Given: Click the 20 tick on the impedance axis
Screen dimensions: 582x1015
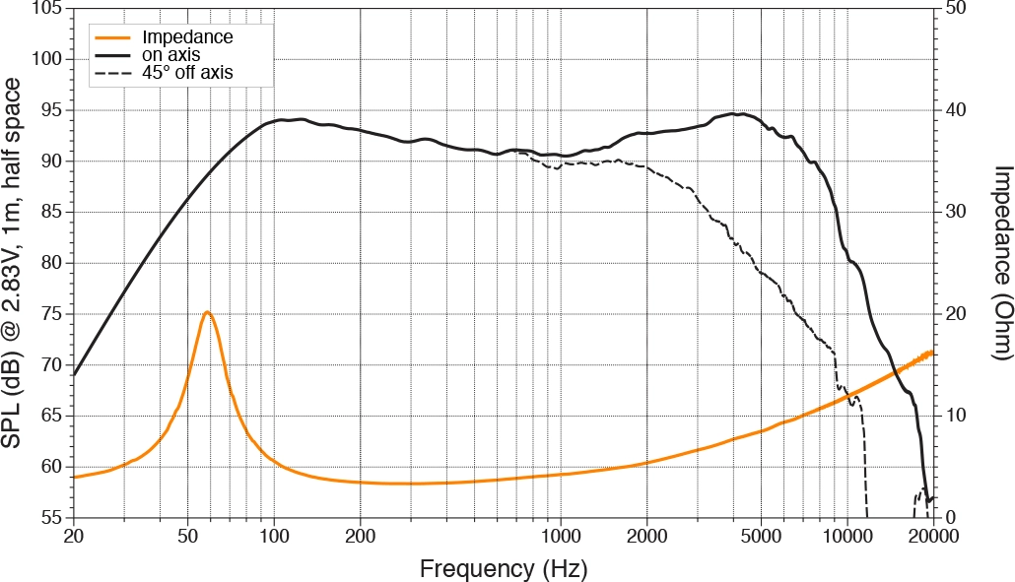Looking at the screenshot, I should (952, 314).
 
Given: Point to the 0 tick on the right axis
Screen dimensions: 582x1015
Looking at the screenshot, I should (948, 518).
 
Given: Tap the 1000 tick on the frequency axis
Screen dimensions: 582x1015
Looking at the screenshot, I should (561, 537).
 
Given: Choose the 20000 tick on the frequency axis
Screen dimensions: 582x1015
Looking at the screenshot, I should (933, 537).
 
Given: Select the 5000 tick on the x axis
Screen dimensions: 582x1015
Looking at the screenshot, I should (761, 537).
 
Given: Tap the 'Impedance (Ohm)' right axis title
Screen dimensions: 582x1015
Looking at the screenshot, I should (998, 261).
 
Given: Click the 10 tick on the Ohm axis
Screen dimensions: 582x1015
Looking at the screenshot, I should (952, 416).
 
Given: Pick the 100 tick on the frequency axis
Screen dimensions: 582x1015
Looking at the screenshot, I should (274, 537).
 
